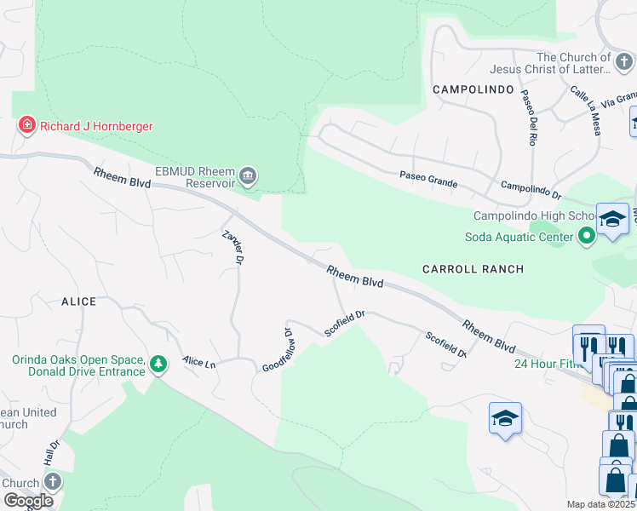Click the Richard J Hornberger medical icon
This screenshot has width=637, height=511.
tap(27, 126)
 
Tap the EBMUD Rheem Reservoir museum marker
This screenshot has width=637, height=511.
tap(248, 176)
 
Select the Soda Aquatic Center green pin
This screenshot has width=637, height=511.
tap(586, 236)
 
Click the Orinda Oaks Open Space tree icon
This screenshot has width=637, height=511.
tap(158, 365)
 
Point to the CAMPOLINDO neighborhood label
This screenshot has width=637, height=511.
tap(473, 89)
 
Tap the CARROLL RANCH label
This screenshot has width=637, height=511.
tap(473, 268)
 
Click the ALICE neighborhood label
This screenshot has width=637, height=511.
tap(78, 301)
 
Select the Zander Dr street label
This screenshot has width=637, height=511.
tap(233, 246)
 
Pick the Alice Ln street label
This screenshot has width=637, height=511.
tap(198, 362)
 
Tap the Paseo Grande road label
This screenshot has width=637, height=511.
tap(428, 179)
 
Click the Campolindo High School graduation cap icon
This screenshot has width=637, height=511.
tap(611, 219)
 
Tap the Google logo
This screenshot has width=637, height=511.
tap(29, 501)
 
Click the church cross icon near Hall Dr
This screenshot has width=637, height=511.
tap(51, 481)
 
